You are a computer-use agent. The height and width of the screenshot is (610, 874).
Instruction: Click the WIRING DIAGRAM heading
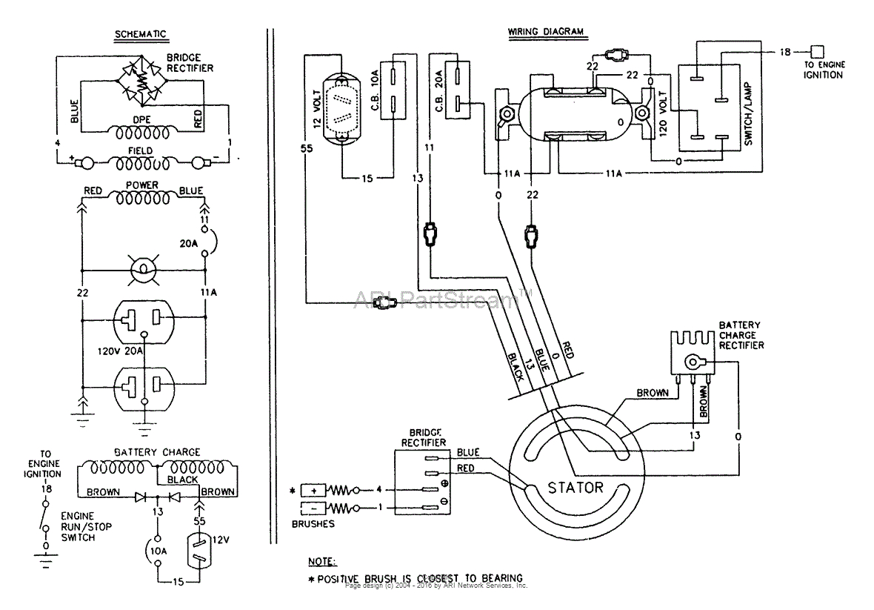pos(545,32)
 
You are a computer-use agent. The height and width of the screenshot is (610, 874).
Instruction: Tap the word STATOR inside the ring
pos(576,488)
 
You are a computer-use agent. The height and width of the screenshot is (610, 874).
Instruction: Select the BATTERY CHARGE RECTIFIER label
pos(741,335)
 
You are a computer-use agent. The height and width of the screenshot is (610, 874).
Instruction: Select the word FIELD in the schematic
pos(140,150)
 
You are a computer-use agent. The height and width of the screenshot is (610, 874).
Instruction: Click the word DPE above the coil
pos(141,119)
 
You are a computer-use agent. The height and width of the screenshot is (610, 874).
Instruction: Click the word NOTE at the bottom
pos(322,561)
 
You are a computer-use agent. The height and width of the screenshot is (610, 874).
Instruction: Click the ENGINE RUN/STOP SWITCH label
pos(77,526)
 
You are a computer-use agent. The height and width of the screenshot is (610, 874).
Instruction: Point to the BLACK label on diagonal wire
pos(516,365)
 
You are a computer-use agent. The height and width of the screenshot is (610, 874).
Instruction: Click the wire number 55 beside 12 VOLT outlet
pos(307,148)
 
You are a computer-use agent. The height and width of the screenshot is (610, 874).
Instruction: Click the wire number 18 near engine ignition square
pos(785,52)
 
